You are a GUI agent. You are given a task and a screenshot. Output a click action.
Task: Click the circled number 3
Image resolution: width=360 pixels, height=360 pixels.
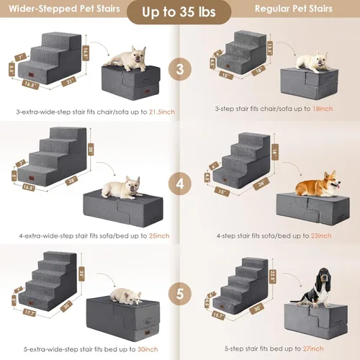coord(179,70)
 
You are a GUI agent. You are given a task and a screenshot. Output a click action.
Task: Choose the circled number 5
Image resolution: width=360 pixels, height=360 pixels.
coord(179,294)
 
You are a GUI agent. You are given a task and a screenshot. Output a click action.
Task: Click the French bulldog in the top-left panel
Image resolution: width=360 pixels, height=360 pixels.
coord(131,58)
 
